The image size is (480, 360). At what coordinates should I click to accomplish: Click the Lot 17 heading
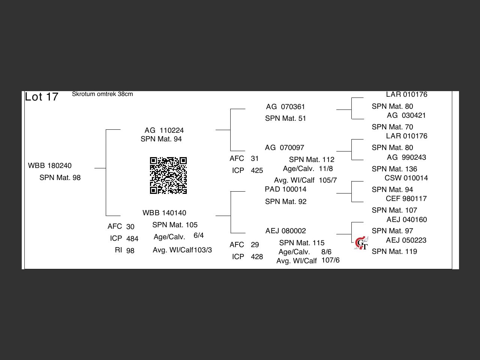[42, 97]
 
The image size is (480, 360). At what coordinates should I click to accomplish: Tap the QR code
[168, 175]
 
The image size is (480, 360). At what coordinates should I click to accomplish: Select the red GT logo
[361, 243]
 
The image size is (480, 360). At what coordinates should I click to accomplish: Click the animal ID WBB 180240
[50, 166]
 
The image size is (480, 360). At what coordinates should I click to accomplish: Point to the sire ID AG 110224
[164, 130]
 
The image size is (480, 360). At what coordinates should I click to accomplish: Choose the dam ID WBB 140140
[164, 213]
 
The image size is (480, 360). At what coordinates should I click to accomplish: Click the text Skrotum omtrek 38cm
[102, 94]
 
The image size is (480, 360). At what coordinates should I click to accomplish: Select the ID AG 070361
[285, 107]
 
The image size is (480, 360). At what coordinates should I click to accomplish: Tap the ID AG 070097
[285, 148]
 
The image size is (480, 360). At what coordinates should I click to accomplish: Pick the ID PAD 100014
[285, 189]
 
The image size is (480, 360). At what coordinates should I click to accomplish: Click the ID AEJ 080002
[286, 231]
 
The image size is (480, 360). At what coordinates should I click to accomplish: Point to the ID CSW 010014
[406, 178]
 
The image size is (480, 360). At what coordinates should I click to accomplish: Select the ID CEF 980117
[406, 199]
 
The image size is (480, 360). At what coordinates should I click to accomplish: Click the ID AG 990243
[406, 157]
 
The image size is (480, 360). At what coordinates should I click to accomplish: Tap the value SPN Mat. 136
[394, 169]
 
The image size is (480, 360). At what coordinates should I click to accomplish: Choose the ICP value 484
[132, 239]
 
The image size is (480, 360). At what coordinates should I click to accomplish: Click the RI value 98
[130, 251]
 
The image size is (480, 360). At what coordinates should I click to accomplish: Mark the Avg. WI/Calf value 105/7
[328, 180]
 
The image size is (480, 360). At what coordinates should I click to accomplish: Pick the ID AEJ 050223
[406, 240]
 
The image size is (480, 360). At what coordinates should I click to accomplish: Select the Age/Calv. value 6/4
[199, 235]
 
